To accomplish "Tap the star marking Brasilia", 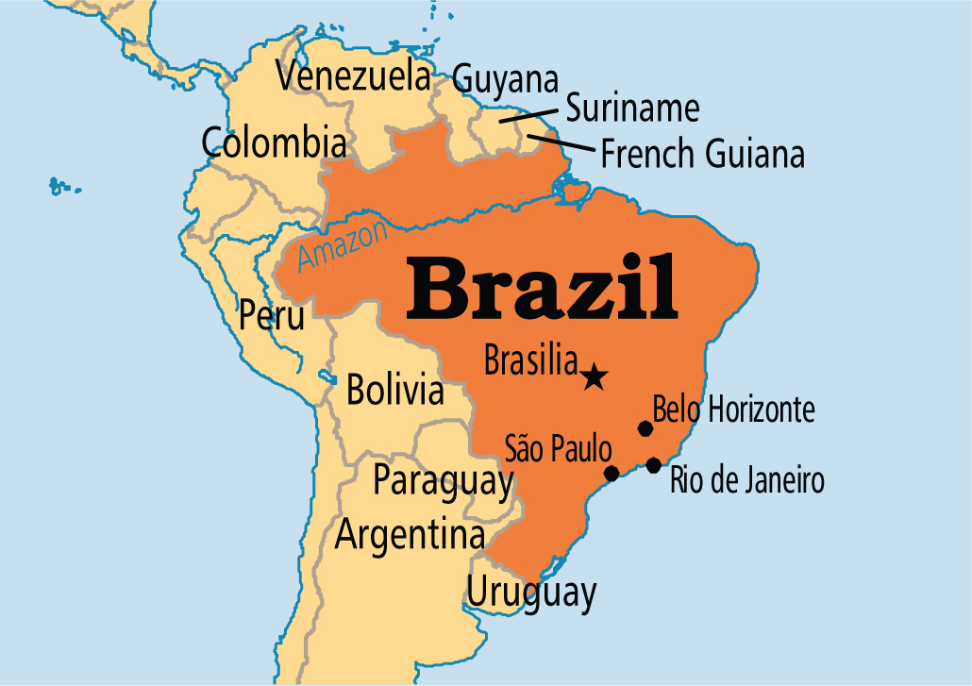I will [593, 377].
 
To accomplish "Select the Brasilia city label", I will [529, 360].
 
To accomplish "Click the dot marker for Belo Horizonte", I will [645, 428].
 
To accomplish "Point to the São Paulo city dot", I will [612, 473].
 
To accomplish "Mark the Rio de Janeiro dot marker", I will [653, 464].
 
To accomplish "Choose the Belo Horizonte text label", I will [733, 410].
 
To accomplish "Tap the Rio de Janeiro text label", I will [746, 480].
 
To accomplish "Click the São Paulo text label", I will [559, 448].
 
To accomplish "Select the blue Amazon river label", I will [342, 245].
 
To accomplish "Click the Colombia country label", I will [274, 143].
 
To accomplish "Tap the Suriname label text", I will [632, 109].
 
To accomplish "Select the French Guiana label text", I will [703, 153].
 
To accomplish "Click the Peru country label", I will [272, 315].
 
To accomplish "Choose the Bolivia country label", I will [394, 389].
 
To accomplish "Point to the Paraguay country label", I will [443, 480].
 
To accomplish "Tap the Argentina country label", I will [410, 536].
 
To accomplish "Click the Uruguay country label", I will [531, 594].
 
